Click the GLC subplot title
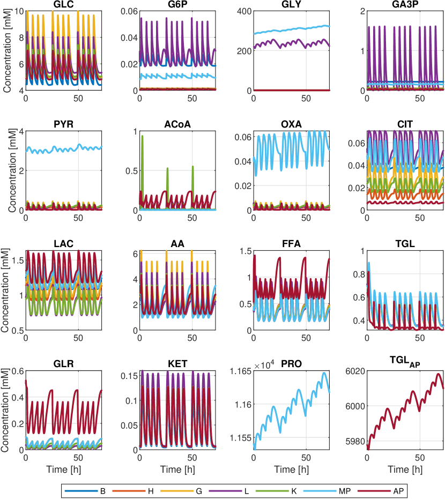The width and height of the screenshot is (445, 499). click(63, 5)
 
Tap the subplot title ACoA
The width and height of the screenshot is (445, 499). click(177, 125)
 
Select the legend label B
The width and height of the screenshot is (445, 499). click(102, 490)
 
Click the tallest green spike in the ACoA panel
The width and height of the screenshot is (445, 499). click(142, 136)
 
